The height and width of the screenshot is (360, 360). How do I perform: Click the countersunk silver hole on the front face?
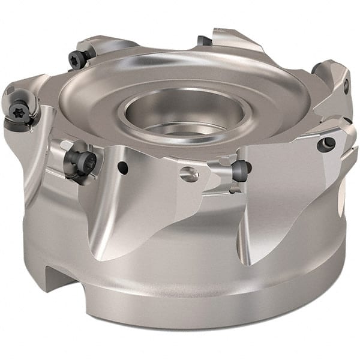pyautogui.click(x=190, y=175)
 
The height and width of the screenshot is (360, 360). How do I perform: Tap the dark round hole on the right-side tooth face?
pyautogui.click(x=327, y=143)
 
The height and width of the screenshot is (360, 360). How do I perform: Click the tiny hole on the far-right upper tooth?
pyautogui.click(x=346, y=85)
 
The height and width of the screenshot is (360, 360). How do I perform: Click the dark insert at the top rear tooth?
pyautogui.click(x=204, y=40)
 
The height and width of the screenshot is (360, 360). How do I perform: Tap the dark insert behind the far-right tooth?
pyautogui.click(x=316, y=68)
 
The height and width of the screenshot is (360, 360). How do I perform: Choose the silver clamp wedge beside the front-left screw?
pyautogui.click(x=60, y=150)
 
